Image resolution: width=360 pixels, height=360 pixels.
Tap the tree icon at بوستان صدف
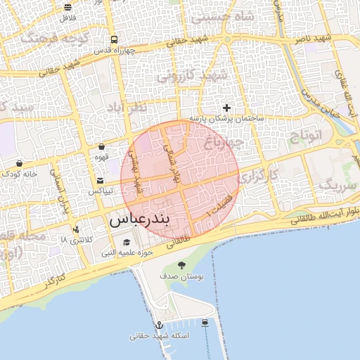click(x=181, y=265)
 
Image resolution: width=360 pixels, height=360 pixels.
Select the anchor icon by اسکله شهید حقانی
click(x=160, y=325)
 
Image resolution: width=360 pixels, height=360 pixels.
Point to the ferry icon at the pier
click(x=205, y=323)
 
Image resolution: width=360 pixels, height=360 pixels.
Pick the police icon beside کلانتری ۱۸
click(x=77, y=229)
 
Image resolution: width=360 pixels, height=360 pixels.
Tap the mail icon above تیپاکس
click(x=99, y=181)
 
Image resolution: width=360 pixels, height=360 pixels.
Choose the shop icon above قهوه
click(x=103, y=147)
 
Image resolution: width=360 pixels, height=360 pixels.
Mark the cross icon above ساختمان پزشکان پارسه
click(x=226, y=108)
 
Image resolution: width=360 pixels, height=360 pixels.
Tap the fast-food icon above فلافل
click(x=67, y=7)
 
